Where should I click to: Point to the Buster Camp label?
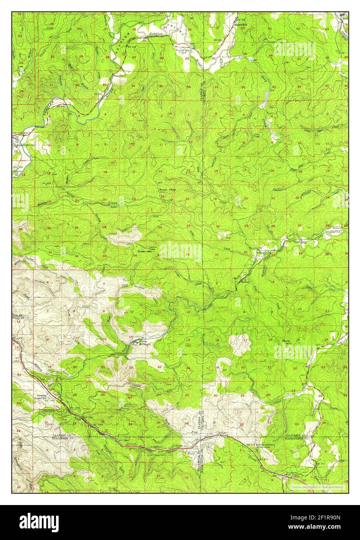[167, 190]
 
